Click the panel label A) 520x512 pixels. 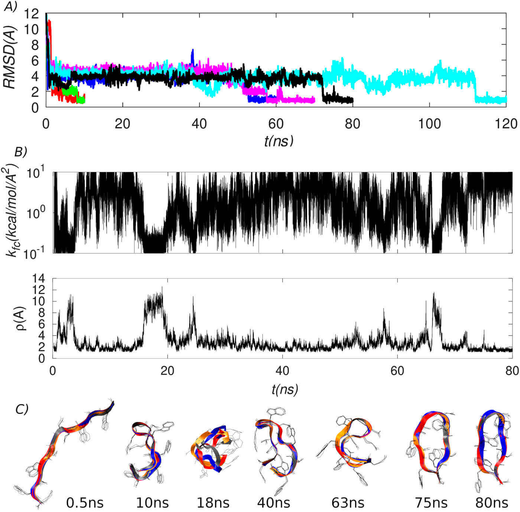click(x=10, y=7)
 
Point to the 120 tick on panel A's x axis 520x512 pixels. click(x=506, y=123)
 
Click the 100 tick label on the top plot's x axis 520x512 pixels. click(x=429, y=123)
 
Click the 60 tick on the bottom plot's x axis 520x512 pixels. click(x=397, y=370)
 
